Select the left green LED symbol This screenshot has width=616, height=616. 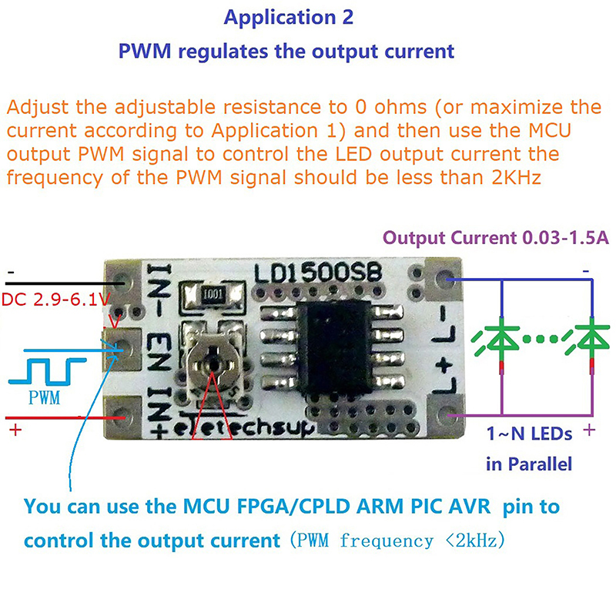501,340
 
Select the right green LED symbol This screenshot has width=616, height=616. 593,340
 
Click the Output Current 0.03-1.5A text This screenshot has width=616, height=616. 497,238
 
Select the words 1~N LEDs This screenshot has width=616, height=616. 529,434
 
